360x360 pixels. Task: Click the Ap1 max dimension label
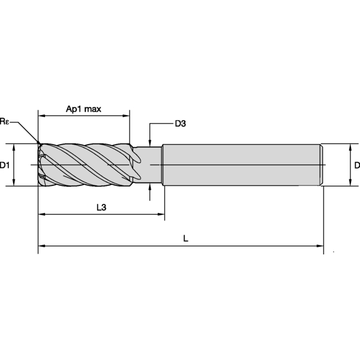[x=83, y=109]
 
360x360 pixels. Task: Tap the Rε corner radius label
[x=5, y=122]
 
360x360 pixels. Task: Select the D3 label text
[x=180, y=124]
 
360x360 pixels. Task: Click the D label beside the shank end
[x=356, y=165]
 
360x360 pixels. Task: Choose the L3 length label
[x=101, y=208]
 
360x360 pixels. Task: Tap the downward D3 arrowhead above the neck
[x=150, y=142]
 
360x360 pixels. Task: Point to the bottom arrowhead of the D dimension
[x=350, y=183]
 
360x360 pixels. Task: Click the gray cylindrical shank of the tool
[x=240, y=165]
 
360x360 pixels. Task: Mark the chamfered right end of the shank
[x=322, y=165]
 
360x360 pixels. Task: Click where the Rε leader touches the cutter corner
[x=39, y=144]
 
